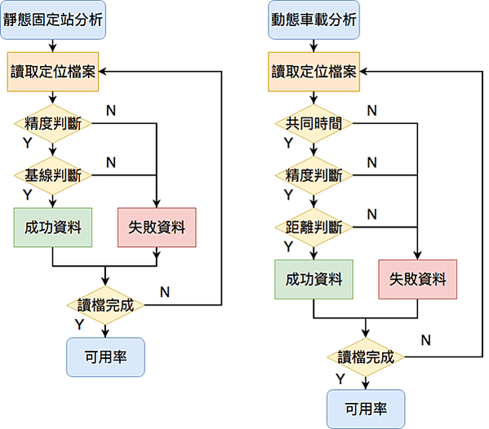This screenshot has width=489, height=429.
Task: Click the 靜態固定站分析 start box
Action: (x=53, y=20)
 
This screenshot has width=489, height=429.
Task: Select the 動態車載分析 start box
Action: (x=313, y=20)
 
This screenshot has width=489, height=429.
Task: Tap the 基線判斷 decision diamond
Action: (x=53, y=175)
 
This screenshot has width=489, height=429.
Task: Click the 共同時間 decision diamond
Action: (x=313, y=124)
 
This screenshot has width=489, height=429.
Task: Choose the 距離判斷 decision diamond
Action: (x=313, y=227)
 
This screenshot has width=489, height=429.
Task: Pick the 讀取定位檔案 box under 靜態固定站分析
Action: (x=53, y=72)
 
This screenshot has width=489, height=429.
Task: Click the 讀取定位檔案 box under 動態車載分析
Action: (x=313, y=72)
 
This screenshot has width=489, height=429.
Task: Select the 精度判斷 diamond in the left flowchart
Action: (x=53, y=124)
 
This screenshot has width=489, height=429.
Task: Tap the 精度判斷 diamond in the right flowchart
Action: (x=313, y=175)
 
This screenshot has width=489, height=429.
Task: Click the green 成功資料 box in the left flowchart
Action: (x=53, y=228)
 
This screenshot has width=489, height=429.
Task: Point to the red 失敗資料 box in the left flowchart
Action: (x=157, y=228)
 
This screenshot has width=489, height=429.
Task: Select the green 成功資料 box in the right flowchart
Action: (x=313, y=280)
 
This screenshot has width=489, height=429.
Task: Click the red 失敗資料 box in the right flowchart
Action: (x=418, y=280)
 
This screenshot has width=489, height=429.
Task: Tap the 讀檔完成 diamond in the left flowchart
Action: (x=105, y=305)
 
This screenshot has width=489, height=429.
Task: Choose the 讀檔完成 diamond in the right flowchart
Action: (x=366, y=357)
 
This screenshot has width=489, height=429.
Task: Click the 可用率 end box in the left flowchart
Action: (x=105, y=357)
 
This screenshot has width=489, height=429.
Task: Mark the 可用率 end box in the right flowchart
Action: (x=366, y=409)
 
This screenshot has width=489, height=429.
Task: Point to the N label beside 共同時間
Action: (x=372, y=111)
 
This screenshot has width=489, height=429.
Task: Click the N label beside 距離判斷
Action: (x=372, y=214)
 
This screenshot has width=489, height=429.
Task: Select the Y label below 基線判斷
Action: (x=28, y=195)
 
